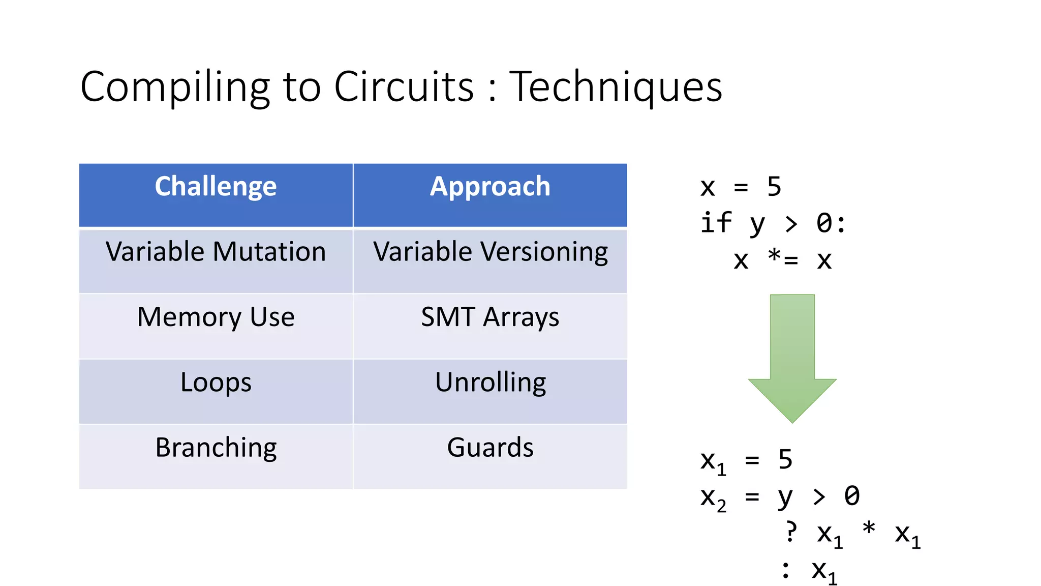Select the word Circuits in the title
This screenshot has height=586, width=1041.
(404, 86)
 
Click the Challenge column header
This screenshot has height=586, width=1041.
(216, 187)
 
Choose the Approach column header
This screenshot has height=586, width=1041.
(490, 187)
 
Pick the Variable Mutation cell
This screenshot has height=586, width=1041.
(216, 252)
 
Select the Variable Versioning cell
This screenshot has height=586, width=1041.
(490, 252)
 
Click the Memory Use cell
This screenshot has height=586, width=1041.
(216, 317)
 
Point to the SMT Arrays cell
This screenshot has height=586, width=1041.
(490, 317)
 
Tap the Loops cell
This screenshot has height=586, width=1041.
(216, 382)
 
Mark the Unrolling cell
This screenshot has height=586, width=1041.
(490, 382)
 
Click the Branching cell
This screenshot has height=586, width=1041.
(216, 448)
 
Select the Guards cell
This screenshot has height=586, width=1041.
(490, 448)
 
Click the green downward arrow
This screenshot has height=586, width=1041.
(792, 356)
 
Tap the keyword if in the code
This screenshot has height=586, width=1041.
(716, 223)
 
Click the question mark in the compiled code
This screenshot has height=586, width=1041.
(791, 532)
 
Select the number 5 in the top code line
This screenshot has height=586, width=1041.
(774, 187)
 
